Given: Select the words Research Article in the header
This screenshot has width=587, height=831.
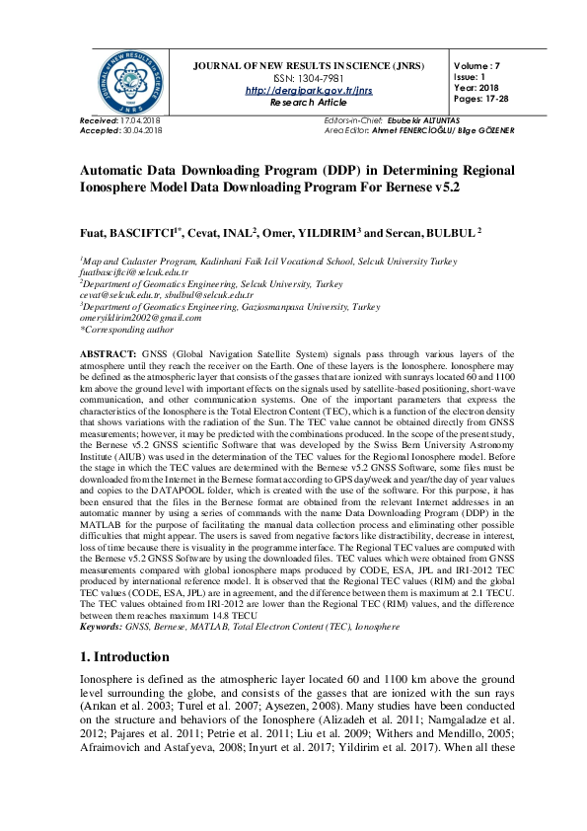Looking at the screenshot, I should coord(309,102).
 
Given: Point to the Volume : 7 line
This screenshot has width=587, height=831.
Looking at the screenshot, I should coord(477,65).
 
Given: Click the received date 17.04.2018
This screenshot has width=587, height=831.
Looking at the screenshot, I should coord(142,119).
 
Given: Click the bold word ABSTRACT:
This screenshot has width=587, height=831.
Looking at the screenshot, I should coord(108,352).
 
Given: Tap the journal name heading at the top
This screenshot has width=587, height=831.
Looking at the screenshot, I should coord(309,65).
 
